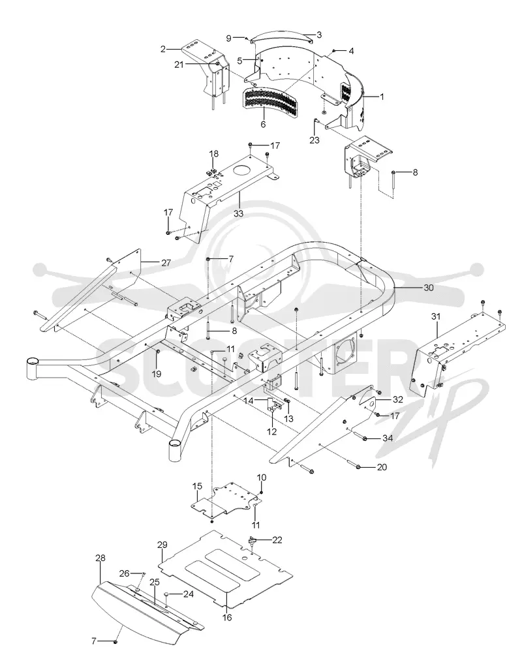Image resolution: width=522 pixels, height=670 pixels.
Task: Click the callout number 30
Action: [429, 288]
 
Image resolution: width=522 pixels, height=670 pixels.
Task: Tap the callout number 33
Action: [239, 213]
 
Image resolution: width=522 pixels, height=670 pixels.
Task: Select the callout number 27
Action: [166, 263]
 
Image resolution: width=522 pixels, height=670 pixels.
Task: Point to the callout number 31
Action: [436, 316]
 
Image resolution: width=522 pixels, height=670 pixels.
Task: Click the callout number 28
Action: [100, 558]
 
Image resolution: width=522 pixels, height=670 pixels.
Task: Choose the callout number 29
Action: [162, 545]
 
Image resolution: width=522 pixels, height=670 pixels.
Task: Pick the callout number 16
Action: [227, 617]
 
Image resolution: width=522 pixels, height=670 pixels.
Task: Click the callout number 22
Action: [277, 540]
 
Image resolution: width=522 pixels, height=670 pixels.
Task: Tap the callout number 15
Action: [197, 486]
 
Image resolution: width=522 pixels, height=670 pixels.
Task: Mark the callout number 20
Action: [382, 467]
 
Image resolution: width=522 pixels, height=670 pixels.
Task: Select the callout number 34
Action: [388, 438]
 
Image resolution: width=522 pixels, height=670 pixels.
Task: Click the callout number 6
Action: [263, 125]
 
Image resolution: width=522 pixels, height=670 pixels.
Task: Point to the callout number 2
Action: [163, 49]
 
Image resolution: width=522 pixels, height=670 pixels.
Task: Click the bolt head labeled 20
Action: [359, 466]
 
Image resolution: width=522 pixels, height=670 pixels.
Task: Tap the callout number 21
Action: [179, 65]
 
